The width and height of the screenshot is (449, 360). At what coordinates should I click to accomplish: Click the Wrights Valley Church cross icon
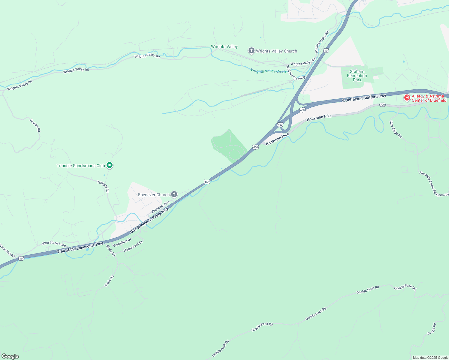coord(251,51)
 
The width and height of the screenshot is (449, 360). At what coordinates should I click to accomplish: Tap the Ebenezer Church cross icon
coord(174,194)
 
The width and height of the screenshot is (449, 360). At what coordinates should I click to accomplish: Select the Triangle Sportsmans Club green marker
coord(110,165)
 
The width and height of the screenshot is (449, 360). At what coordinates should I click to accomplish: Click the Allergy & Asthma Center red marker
coord(407,98)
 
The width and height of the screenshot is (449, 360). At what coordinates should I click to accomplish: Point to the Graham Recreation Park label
coord(357,76)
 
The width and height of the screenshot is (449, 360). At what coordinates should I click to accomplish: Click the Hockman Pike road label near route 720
coord(319,118)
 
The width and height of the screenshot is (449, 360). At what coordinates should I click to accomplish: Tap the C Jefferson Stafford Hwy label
coord(364,98)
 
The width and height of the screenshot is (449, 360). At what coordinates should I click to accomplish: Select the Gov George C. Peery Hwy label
coord(149,220)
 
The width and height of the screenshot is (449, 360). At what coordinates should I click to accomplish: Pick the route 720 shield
coord(382,105)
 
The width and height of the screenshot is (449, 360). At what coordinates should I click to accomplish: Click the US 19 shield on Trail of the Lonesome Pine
coord(21,258)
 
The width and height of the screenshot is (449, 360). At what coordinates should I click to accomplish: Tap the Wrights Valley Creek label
coord(268,71)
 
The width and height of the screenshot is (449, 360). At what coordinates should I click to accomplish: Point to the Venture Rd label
coord(35,125)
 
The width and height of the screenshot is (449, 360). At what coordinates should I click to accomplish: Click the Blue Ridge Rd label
coord(396,129)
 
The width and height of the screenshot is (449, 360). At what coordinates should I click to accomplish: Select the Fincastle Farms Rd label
coord(428,183)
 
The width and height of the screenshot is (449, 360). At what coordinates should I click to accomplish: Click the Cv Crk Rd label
coord(432,329)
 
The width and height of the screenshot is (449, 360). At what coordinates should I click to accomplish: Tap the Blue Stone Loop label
coord(54,244)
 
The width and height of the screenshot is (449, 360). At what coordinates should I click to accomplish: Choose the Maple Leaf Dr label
coord(133,246)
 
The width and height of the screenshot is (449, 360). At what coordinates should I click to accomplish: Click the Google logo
coord(10,356)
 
